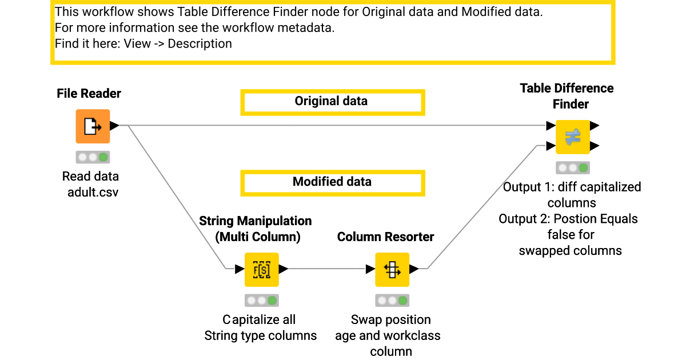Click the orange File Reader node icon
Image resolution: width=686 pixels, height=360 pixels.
click(x=92, y=126)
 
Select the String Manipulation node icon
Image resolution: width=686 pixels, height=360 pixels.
click(x=261, y=269)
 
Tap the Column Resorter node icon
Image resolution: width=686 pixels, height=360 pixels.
click(x=392, y=269)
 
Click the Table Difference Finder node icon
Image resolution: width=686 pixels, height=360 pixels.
click(x=573, y=137)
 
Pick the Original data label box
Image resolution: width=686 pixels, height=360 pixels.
click(x=332, y=102)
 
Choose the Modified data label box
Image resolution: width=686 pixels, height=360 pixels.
click(x=332, y=183)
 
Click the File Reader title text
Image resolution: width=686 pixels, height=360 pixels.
click(x=89, y=94)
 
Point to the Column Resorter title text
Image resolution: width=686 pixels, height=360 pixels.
click(x=386, y=237)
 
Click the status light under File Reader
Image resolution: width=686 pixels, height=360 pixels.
click(x=92, y=157)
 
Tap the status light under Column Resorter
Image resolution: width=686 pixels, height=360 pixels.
click(x=392, y=301)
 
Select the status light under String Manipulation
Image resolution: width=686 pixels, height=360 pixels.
click(x=261, y=301)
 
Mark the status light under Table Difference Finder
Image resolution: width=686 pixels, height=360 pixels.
click(x=573, y=168)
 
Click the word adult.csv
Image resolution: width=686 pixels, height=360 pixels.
click(x=93, y=192)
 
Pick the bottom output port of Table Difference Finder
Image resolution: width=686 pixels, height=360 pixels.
click(x=595, y=146)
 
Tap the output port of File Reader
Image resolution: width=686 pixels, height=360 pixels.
click(x=114, y=126)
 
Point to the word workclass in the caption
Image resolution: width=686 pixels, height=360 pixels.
click(x=412, y=335)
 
